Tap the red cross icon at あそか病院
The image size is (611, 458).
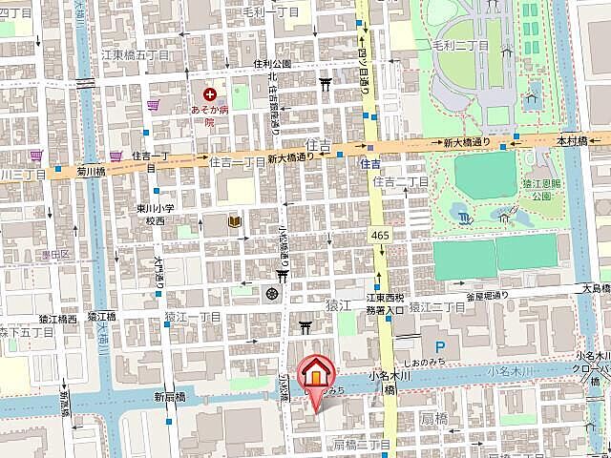[x=209, y=94]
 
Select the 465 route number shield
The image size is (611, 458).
[x=380, y=235]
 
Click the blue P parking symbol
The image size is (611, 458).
[x=440, y=348]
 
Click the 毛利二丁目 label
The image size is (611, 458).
[x=461, y=45]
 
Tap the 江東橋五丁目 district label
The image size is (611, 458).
[x=136, y=55]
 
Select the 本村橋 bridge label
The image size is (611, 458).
[x=572, y=140]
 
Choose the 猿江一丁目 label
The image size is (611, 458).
[x=193, y=316]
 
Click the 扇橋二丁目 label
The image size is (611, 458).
[x=362, y=445]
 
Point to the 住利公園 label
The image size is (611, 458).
[x=272, y=64]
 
